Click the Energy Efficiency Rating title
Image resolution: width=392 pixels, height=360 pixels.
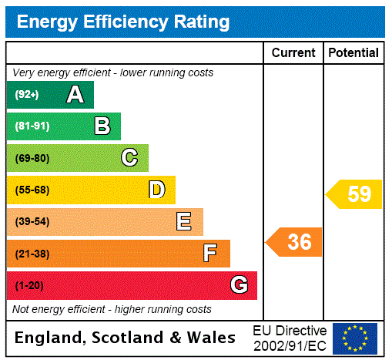pos(123,22)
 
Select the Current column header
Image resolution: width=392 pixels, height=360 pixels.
pos(293,52)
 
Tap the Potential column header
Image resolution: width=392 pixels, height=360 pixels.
pos(353,52)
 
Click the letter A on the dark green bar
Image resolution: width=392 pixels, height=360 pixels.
pos(75,95)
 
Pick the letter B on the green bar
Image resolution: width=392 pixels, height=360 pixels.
pos(102,126)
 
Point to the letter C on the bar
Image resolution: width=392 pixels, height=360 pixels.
pos(129,158)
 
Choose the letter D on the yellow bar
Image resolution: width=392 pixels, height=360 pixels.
pos(156,190)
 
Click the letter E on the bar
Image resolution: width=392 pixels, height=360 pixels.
pos(184,222)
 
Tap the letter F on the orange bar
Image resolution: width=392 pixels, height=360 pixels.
pos(210,254)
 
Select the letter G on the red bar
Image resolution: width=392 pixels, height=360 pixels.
pos(239,285)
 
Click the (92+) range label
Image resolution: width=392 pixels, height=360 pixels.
pos(27,95)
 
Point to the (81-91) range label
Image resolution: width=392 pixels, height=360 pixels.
pos(32,126)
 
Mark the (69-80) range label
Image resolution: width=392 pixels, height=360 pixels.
pos(32,158)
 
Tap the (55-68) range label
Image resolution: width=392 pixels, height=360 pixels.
pos(32,190)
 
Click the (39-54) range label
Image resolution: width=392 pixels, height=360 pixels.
pos(32,222)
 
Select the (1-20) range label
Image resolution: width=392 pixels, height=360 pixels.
pos(29,285)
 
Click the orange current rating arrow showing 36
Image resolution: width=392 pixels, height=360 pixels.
pos(295,242)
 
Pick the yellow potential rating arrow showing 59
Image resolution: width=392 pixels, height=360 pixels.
pos(354,194)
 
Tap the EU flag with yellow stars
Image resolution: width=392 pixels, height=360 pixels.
pos(355,338)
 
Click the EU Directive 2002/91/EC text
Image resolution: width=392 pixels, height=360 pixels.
pos(290,338)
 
